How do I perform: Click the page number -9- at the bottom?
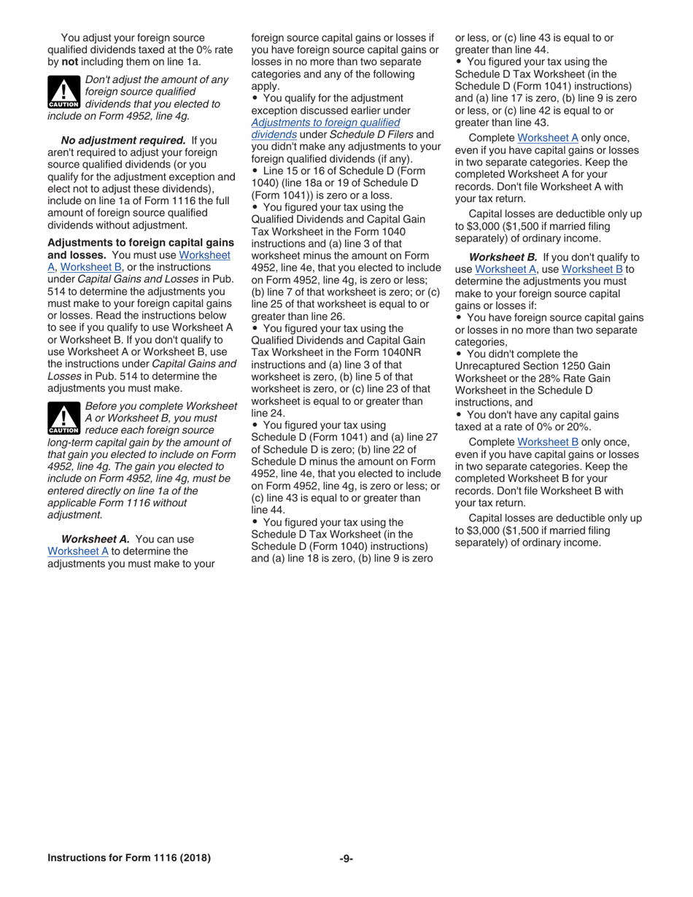[x=346, y=858]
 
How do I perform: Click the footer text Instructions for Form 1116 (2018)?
[x=129, y=858]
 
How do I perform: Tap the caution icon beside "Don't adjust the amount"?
[x=63, y=93]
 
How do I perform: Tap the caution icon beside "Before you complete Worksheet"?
[x=63, y=419]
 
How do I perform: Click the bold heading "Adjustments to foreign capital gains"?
[x=140, y=242]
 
